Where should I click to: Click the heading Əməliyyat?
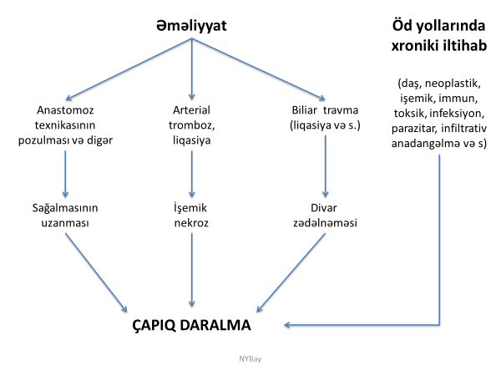pos(192,27)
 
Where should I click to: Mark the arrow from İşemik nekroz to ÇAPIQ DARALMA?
pos(193,267)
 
